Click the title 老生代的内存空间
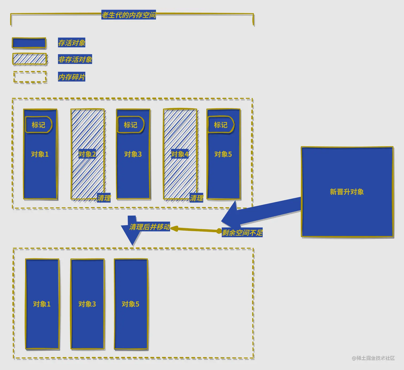pos(129,15)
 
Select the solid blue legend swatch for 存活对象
pos(29,43)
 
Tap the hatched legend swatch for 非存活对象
pos(30,59)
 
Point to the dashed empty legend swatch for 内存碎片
pos(30,77)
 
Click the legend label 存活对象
pos(72,43)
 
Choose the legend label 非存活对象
pos(75,59)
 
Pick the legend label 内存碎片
pos(72,77)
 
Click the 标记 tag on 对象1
pos(38,125)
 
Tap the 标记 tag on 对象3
pos(130,125)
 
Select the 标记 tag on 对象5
pos(221,125)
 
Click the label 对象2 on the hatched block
pos(87,154)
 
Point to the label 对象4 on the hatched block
pos(180,154)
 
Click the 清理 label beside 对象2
pos(104,198)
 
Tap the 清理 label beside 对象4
pos(197,198)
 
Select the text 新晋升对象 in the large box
pos(347,192)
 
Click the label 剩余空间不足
pos(242,233)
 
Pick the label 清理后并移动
pos(150,227)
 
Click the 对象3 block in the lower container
pos(87,304)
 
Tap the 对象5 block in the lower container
pos(131,304)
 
